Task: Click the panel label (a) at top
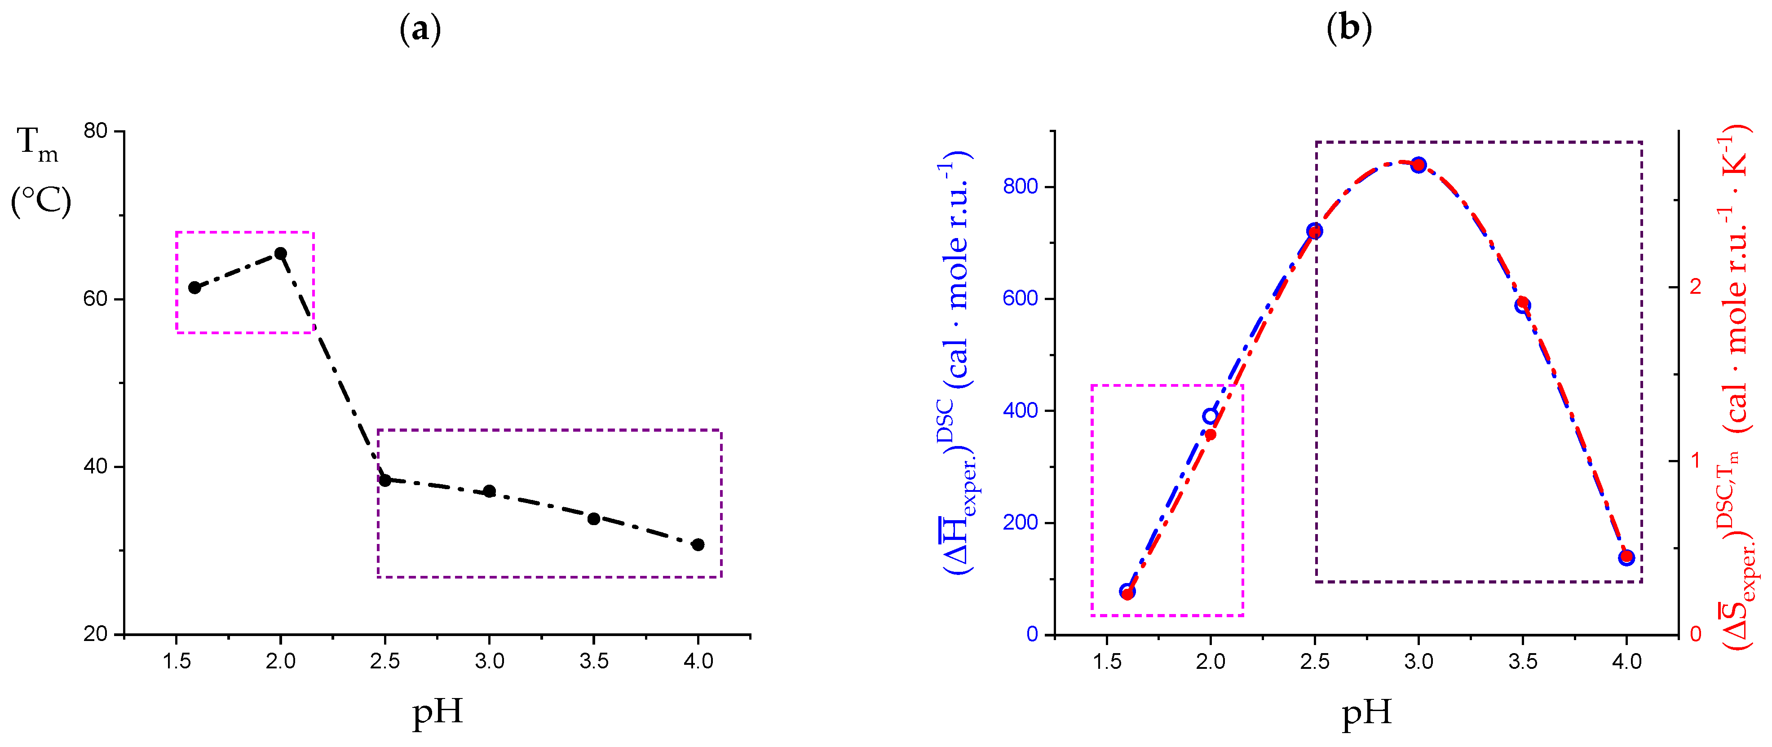[420, 30]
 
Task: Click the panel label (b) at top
[1349, 30]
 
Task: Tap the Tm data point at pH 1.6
[194, 287]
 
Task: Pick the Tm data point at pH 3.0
[489, 491]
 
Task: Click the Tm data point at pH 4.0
[698, 545]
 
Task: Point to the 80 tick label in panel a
[96, 131]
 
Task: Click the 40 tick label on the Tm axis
[96, 466]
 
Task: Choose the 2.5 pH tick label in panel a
[384, 662]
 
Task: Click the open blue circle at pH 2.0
[1210, 416]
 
